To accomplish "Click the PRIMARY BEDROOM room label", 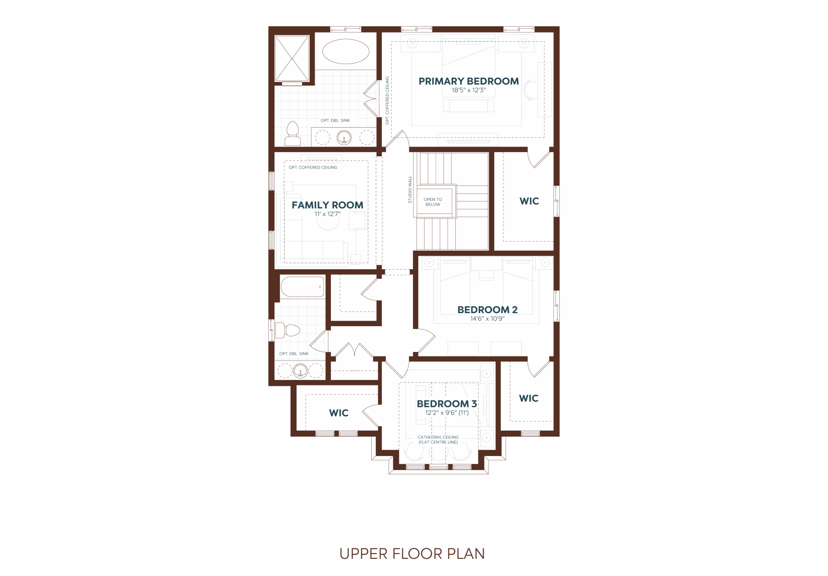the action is (x=468, y=81).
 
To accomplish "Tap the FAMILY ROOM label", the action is (x=327, y=205).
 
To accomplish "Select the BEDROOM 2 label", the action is (x=487, y=310).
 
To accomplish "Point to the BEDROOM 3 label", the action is (x=447, y=404).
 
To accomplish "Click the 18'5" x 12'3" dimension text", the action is (x=468, y=90).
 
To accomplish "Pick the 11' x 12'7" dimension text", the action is (x=327, y=214).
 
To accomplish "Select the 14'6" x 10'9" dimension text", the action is (x=487, y=319).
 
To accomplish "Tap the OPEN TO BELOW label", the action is (x=433, y=202).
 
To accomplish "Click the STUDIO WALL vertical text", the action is (x=410, y=190).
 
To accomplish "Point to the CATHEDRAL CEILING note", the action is (x=438, y=437).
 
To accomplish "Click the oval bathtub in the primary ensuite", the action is (x=345, y=51).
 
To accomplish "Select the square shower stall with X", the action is (x=292, y=59).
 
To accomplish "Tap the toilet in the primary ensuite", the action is (x=292, y=134).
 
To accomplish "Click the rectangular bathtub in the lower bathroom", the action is (x=302, y=287).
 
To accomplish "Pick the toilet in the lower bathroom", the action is (x=288, y=330).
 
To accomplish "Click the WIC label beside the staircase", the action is (x=529, y=201).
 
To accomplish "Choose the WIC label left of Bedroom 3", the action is (x=339, y=413).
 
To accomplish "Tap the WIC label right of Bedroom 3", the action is (x=529, y=398).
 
